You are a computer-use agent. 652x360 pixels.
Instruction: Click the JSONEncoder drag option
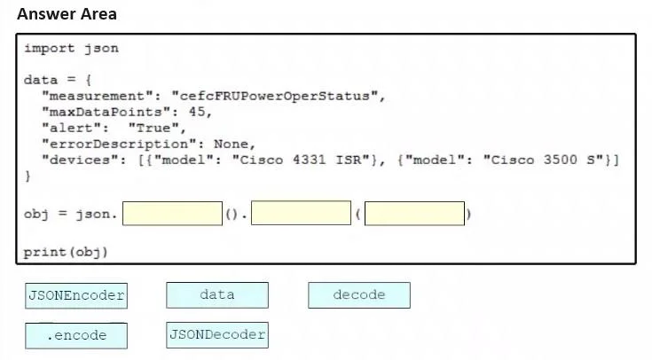(76, 295)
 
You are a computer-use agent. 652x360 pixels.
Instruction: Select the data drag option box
(217, 295)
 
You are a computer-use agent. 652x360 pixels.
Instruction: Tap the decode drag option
(359, 295)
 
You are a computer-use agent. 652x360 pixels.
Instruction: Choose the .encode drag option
(76, 335)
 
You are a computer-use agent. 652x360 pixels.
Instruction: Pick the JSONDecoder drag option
(217, 335)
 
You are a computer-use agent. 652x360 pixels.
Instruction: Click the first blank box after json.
(173, 214)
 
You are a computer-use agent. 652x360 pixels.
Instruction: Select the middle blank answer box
(301, 214)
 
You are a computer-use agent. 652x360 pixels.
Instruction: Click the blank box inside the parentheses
(414, 214)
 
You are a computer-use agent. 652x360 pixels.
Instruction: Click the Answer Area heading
(67, 14)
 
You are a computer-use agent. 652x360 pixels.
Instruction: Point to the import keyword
(50, 49)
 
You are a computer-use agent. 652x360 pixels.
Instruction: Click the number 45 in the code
(197, 112)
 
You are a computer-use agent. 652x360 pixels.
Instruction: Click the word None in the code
(231, 144)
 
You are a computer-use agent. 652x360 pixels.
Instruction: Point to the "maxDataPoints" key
(106, 113)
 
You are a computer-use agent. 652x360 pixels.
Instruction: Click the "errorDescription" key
(120, 145)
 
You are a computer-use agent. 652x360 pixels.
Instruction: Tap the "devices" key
(80, 160)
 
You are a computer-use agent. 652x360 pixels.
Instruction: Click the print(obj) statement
(66, 253)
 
